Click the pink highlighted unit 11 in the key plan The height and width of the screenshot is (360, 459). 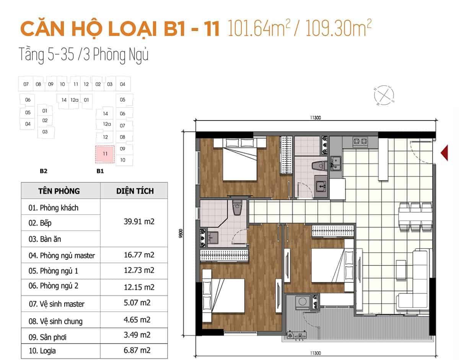click(105, 154)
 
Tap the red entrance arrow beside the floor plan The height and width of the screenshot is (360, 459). click(444, 153)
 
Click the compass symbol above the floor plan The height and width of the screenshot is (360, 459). click(384, 96)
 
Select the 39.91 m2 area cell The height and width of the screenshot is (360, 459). click(139, 222)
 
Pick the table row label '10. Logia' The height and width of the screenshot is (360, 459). click(42, 351)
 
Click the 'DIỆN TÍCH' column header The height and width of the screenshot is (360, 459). click(135, 191)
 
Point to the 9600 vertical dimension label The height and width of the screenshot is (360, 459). click(181, 233)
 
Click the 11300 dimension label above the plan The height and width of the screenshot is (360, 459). click(315, 118)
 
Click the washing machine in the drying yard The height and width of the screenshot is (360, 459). click(302, 302)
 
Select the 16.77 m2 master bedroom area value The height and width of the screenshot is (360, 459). click(139, 255)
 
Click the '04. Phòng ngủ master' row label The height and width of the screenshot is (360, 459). click(62, 256)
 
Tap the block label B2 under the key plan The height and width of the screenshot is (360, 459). click(44, 171)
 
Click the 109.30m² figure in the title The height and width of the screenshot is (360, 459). click(339, 28)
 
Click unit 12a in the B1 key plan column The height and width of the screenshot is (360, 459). click(107, 124)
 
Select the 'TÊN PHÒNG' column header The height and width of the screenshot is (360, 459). click(59, 191)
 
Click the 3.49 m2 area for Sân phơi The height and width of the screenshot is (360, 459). click(137, 335)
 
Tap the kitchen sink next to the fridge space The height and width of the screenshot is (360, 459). click(335, 163)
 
